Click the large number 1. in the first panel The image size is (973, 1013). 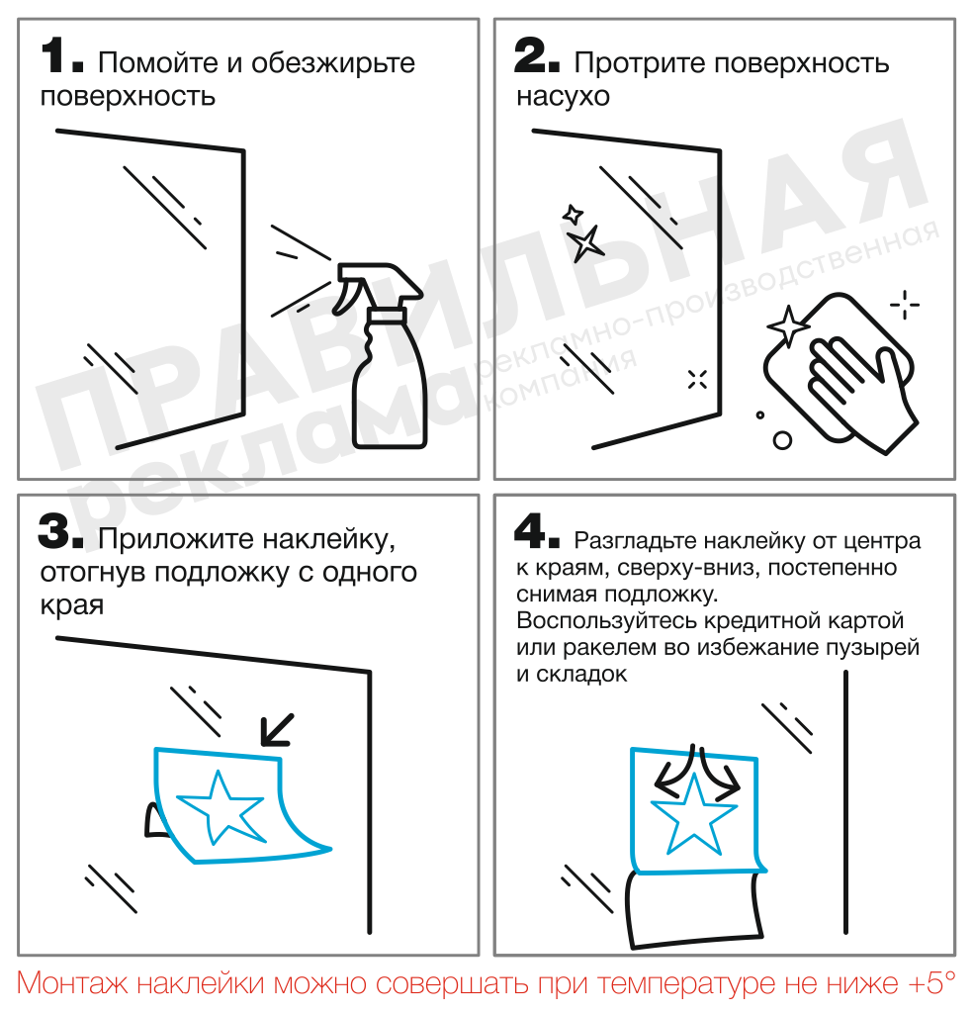click(61, 57)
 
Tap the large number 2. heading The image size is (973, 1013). click(537, 57)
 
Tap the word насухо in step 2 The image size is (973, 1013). click(563, 98)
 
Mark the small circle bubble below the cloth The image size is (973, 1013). click(782, 440)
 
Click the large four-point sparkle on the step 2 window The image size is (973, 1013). click(585, 242)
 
